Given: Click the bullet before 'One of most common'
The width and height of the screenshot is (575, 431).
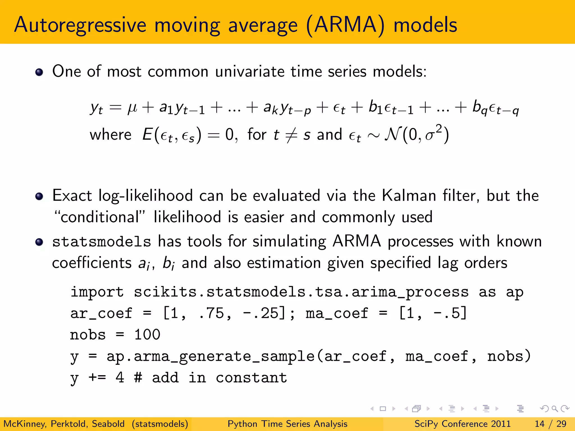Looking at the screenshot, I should pyautogui.click(x=39, y=72).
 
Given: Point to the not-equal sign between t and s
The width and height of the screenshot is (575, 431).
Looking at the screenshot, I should pyautogui.click(x=291, y=135).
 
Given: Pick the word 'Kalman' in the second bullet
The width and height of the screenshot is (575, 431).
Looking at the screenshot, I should pyautogui.click(x=409, y=196).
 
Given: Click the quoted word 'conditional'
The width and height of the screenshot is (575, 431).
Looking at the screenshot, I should pyautogui.click(x=100, y=217).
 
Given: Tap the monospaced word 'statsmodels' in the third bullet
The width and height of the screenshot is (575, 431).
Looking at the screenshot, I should pyautogui.click(x=102, y=242).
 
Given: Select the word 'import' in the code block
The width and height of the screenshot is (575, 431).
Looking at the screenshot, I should pyautogui.click(x=97, y=292).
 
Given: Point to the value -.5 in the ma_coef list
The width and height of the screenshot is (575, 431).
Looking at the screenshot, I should pyautogui.click(x=446, y=313).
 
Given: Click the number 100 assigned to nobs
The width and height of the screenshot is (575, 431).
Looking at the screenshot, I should pyautogui.click(x=147, y=335).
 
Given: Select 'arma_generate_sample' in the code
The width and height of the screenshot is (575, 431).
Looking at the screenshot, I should pyautogui.click(x=224, y=357).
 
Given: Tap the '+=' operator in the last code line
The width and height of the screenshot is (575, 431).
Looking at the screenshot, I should pyautogui.click(x=97, y=378).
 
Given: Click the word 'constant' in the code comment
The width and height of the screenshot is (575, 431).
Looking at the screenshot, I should pyautogui.click(x=251, y=378).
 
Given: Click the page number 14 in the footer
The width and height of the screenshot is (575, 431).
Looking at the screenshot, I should pyautogui.click(x=540, y=424).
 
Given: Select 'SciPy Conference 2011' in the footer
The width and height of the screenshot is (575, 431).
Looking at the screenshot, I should pyautogui.click(x=462, y=424).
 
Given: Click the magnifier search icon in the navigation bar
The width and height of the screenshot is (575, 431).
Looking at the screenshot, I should pyautogui.click(x=555, y=409).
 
